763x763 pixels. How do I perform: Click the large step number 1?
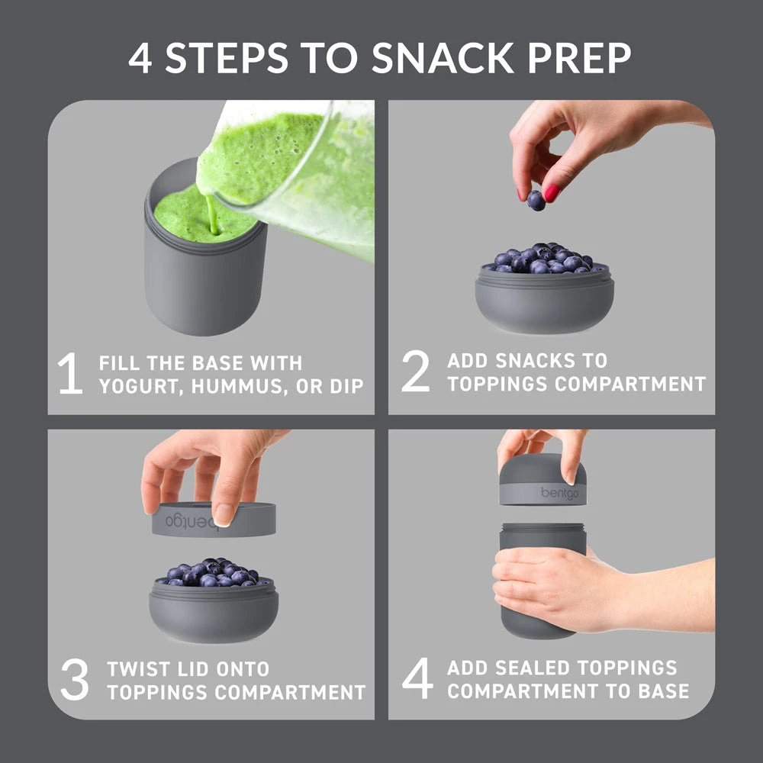[70, 374]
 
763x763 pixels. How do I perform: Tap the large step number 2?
[416, 372]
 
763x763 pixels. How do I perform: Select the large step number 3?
[74, 681]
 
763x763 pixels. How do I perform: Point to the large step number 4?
[417, 679]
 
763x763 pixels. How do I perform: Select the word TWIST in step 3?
[138, 669]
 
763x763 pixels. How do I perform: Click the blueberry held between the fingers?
[536, 200]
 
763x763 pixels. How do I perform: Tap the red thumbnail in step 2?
[552, 192]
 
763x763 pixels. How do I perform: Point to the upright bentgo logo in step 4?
[559, 493]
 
